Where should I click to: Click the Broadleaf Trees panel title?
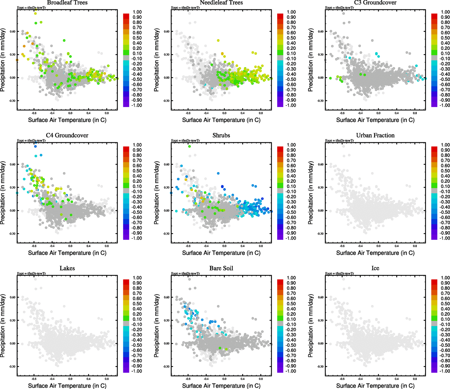pos(67,3)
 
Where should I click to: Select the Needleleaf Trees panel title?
pos(221,3)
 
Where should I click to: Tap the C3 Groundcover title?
pos(375,3)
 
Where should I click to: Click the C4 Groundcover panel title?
pos(67,136)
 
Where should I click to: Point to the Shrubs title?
pos(221,136)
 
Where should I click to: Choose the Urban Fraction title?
pos(375,136)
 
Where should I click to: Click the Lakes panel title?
pos(67,268)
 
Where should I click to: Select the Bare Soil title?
pos(221,268)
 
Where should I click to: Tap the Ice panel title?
pos(375,268)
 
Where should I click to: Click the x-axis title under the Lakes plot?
pos(67,386)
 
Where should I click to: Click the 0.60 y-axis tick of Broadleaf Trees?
pos(12,31)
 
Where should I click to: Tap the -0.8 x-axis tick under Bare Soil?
pos(188,379)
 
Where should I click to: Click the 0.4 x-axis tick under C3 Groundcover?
pos(397,113)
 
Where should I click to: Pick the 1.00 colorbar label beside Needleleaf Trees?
pos(291,12)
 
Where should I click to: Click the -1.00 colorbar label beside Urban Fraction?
pos(445,238)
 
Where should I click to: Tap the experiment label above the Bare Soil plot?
pos(185,274)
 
